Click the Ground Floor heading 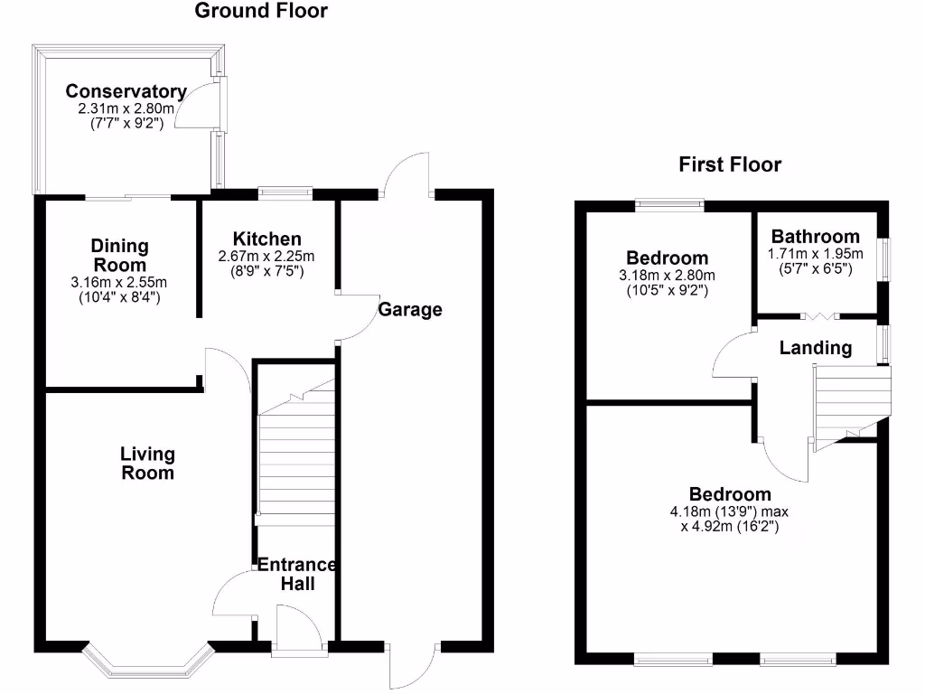tap(261, 12)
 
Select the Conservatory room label tap(126, 91)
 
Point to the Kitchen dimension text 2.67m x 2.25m tap(266, 257)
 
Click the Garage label tap(410, 310)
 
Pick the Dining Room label tap(120, 255)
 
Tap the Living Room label tap(148, 463)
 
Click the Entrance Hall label tap(297, 574)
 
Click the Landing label tap(816, 348)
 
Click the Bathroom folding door tap(820, 315)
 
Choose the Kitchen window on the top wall tap(285, 191)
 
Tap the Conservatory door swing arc tap(192, 104)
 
